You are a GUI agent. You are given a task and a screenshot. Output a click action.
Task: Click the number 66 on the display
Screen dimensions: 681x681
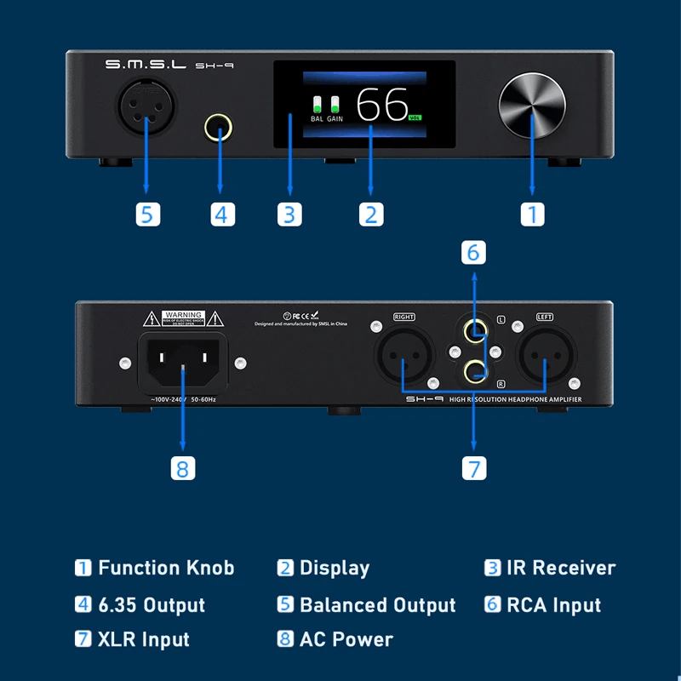pos(382,106)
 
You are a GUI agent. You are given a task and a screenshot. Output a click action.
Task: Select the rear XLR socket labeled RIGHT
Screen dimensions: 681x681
pos(404,355)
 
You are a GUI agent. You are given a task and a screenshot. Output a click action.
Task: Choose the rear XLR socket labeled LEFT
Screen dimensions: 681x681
pos(544,355)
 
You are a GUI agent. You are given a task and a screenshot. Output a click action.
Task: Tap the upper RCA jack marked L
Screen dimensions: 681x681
pos(475,330)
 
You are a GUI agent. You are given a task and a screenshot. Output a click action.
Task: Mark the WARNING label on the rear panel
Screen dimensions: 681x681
pos(183,318)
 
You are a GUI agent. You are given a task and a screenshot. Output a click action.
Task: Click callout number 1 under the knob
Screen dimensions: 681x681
pos(532,214)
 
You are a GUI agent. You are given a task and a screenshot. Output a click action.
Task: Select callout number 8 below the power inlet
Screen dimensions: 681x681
pos(183,467)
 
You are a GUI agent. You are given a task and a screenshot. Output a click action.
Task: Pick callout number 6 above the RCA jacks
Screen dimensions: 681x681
pos(474,253)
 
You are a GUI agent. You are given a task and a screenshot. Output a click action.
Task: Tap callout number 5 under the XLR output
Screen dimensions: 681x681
pos(147,214)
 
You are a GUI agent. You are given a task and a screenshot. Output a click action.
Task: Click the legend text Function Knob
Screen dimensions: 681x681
pos(166,568)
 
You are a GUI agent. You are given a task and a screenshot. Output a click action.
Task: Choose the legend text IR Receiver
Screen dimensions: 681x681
pos(561,568)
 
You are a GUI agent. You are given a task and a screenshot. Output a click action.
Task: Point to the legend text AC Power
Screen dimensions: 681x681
pos(346,639)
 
